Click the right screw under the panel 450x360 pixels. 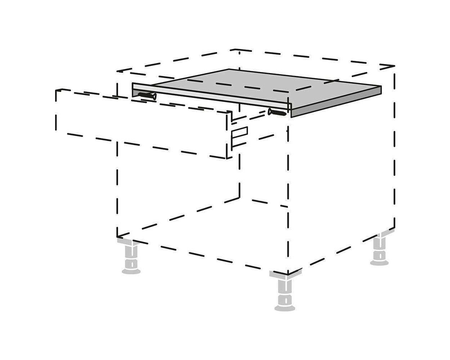277,112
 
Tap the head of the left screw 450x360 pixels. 154,96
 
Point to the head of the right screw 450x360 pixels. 270,111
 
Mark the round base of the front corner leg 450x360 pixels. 285,308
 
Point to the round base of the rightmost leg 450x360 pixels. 379,262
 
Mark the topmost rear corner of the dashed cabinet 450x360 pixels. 235,50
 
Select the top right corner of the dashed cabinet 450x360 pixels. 395,67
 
